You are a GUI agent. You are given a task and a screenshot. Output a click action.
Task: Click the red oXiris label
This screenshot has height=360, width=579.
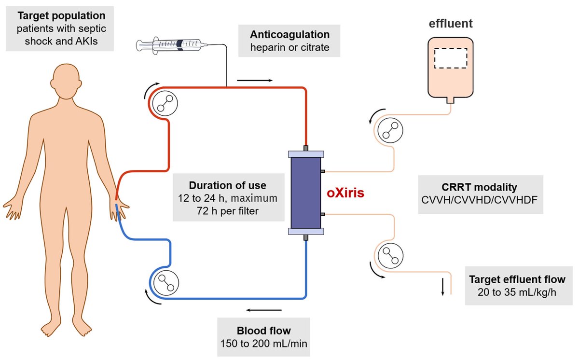point(345,194)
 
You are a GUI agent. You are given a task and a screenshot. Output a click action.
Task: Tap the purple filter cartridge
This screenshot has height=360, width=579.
point(306,193)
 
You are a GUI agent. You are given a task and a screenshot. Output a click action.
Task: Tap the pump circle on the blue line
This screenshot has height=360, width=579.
point(165,280)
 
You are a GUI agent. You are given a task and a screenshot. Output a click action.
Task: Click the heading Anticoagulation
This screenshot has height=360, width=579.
point(289,35)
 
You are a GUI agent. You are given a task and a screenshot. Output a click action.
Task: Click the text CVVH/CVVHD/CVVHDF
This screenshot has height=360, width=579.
point(481,200)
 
